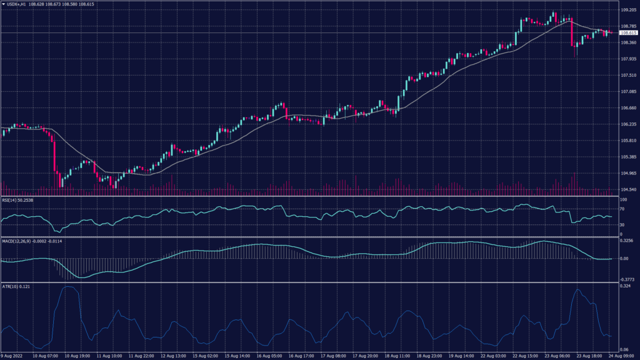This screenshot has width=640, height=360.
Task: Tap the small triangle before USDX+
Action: point(3,4)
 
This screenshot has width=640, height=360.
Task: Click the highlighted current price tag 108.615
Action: point(627,32)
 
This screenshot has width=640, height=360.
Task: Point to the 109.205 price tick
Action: point(627,10)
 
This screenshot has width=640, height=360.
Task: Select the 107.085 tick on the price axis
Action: point(627,91)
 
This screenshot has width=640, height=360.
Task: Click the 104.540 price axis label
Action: point(627,189)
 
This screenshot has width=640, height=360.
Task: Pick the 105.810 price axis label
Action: point(627,141)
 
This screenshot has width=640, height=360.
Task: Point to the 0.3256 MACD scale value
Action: point(626,240)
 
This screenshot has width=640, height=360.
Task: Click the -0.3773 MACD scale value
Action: point(626,279)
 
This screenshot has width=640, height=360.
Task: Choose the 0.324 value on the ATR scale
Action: point(624,286)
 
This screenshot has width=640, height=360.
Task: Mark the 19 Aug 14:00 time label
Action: point(462,356)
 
